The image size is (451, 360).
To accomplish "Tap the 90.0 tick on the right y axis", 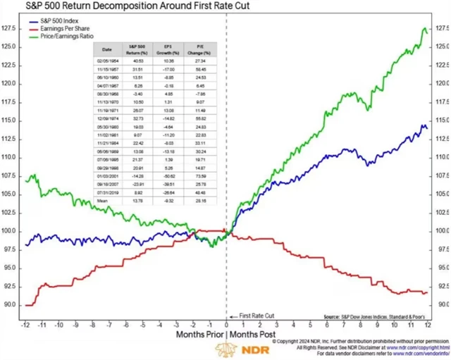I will (x=440, y=304).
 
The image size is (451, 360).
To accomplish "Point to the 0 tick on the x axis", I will (x=226, y=326).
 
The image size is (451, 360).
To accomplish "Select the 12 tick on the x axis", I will (x=427, y=326).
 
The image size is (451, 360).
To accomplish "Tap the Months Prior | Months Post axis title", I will (x=225, y=335).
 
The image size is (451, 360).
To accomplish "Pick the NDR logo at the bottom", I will (x=225, y=350).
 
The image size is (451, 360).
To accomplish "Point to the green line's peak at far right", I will (x=425, y=29).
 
